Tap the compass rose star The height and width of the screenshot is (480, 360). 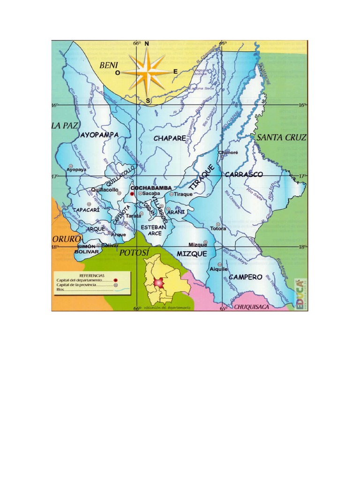(147, 72)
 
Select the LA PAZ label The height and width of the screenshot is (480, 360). (64, 126)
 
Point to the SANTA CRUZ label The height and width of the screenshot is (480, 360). (281, 137)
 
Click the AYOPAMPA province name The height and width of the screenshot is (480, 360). (99, 135)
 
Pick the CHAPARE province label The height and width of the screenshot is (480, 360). (170, 138)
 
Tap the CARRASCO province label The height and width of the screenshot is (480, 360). (244, 174)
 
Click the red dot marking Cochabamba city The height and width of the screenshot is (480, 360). (132, 193)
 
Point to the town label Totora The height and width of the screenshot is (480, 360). (218, 229)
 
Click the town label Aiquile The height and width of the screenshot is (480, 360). (219, 269)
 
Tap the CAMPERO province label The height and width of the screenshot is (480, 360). (246, 277)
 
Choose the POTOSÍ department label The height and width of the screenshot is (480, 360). (134, 253)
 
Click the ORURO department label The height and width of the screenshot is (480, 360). (66, 239)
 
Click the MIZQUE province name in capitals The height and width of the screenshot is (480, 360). (192, 254)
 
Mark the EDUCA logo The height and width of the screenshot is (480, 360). (299, 293)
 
